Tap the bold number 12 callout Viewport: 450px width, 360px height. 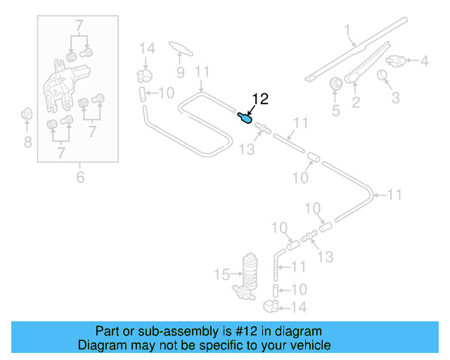click(260, 100)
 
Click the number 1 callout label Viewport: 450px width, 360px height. click(347, 30)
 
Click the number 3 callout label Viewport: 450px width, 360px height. click(396, 97)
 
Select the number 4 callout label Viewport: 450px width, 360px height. click(424, 61)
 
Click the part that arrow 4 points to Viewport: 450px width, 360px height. click(397, 61)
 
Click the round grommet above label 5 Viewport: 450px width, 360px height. click(335, 83)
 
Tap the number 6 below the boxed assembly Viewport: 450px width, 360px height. click(80, 177)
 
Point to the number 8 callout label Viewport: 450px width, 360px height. click(27, 143)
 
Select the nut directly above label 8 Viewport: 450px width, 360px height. click(27, 112)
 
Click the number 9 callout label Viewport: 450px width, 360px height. click(180, 72)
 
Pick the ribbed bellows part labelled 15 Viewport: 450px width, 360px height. click(251, 270)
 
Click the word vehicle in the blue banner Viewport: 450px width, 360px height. click(307, 345)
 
